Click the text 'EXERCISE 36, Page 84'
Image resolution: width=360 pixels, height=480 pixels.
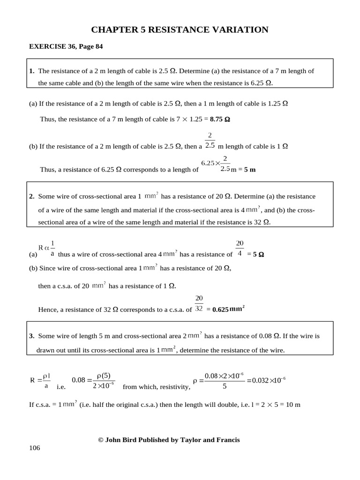[x=66, y=46]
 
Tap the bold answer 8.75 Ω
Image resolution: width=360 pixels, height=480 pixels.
[x=220, y=119]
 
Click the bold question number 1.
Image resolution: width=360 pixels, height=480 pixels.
[x=31, y=71]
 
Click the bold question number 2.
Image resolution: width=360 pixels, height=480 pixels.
[x=31, y=196]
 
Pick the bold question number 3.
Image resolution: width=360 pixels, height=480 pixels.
[x=31, y=336]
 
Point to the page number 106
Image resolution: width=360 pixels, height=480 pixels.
[x=35, y=448]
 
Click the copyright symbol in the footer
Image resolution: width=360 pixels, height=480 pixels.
[x=100, y=440]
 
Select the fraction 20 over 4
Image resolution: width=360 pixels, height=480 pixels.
[x=240, y=248]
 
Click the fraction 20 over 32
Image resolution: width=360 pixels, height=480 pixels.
[x=199, y=303]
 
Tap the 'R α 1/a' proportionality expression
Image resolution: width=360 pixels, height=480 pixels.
[x=47, y=248]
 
